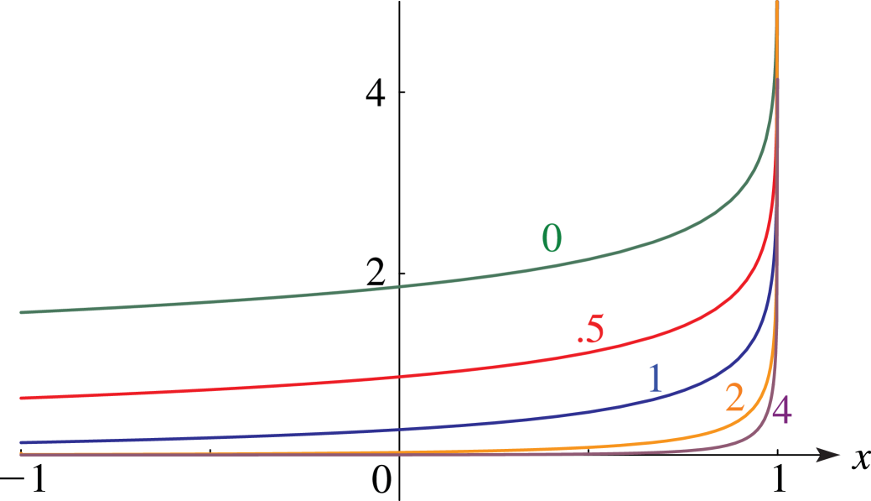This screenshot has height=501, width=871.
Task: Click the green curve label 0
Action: [x=552, y=238]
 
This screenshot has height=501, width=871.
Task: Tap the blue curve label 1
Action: [x=656, y=378]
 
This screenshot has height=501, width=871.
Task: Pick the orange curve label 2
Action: [x=734, y=398]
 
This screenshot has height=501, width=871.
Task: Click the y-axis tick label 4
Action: [x=376, y=93]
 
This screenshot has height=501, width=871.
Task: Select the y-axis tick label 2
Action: [x=376, y=274]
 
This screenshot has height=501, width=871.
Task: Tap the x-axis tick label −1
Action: [x=23, y=478]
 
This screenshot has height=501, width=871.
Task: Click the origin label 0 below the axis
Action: [x=381, y=478]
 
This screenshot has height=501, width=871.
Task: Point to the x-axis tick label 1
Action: [x=780, y=478]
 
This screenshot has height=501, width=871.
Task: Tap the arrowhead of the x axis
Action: [x=829, y=454]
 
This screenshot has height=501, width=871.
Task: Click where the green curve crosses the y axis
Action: [x=399, y=286]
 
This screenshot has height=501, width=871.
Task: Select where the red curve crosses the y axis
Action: [x=399, y=378]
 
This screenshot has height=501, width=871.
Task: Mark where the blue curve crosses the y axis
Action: [x=399, y=430]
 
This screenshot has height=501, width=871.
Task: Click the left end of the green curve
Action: [x=21, y=312]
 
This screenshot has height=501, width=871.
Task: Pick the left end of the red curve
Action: [x=21, y=398]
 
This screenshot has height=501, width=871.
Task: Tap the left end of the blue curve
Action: [x=21, y=442]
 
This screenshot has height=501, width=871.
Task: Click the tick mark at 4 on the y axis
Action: [x=402, y=91]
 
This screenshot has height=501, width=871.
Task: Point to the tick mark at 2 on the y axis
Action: [x=402, y=273]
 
